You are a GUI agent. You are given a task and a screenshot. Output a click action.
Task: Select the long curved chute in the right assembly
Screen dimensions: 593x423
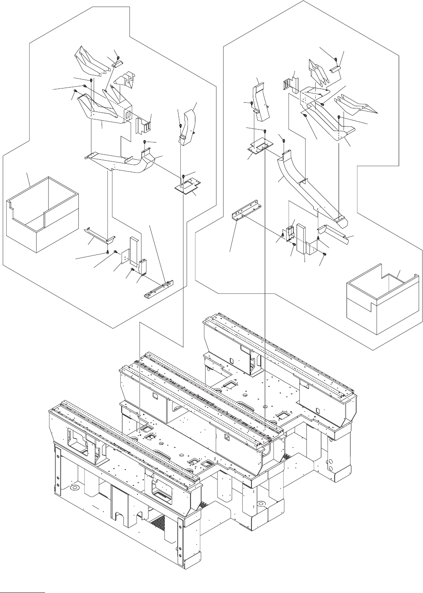click(309, 186)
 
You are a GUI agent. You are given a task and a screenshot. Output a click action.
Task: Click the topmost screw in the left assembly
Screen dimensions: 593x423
click(118, 57)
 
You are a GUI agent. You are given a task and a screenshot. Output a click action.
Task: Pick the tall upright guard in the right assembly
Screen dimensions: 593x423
click(304, 239)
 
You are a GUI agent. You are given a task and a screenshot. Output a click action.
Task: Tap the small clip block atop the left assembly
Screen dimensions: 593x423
click(117, 64)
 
